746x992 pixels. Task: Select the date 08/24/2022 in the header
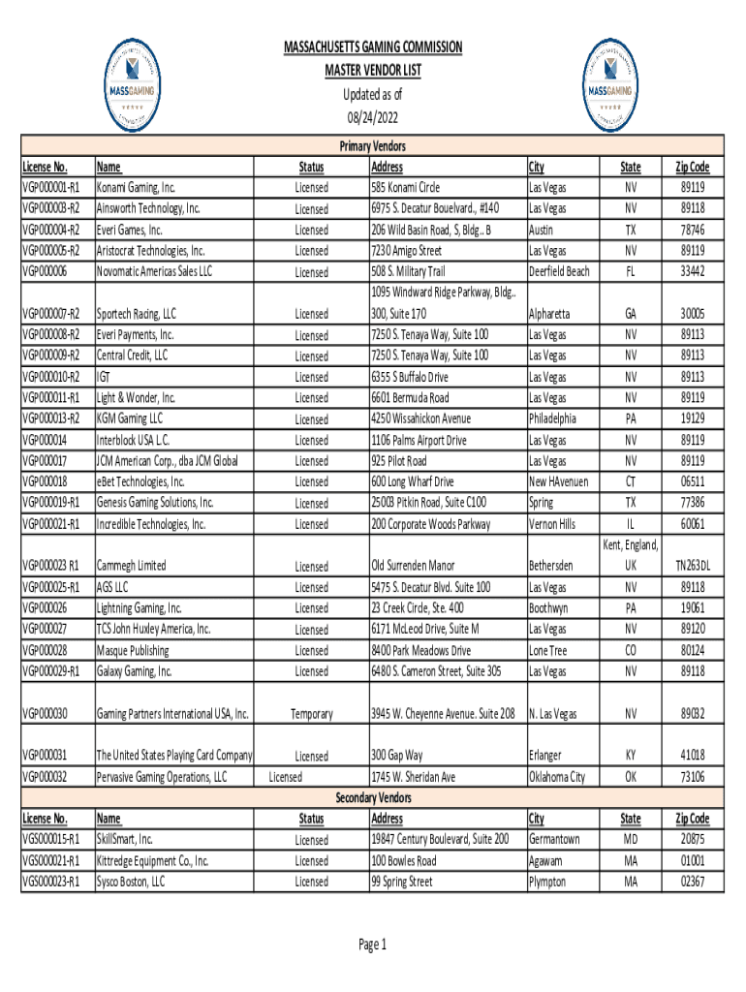pyautogui.click(x=373, y=117)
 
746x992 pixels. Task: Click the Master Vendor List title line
pyautogui.click(x=373, y=71)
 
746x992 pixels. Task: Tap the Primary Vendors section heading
pyautogui.click(x=373, y=146)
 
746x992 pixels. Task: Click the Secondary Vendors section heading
pyautogui.click(x=373, y=797)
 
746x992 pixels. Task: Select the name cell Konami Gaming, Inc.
pyautogui.click(x=136, y=187)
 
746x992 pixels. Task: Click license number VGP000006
pyautogui.click(x=46, y=271)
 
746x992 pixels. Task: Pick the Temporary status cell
pyautogui.click(x=311, y=714)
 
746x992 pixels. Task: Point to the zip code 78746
pyautogui.click(x=692, y=230)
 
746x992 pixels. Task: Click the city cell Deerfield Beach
pyautogui.click(x=559, y=271)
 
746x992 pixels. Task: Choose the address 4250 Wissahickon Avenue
pyautogui.click(x=420, y=418)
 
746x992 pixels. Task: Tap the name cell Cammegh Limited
pyautogui.click(x=131, y=566)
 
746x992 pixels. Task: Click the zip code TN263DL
pyautogui.click(x=692, y=566)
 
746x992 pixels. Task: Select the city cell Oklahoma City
pyautogui.click(x=557, y=777)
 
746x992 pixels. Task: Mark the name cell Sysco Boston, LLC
pyautogui.click(x=131, y=882)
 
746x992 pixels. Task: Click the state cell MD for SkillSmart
pyautogui.click(x=631, y=839)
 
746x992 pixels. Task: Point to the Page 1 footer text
pyautogui.click(x=373, y=945)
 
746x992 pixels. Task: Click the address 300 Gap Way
pyautogui.click(x=397, y=755)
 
